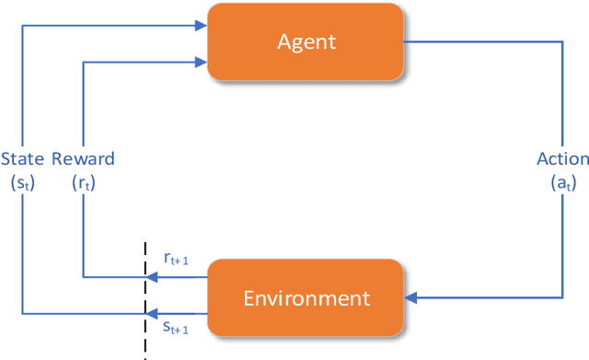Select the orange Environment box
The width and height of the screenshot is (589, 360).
306,297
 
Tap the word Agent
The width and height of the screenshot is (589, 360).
306,42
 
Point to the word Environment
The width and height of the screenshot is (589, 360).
306,298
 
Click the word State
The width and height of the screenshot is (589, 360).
21,158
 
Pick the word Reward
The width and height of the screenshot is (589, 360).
84,158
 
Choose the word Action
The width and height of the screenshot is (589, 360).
562,158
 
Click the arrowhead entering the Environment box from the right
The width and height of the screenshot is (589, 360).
411,297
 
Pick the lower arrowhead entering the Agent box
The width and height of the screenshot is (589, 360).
200,62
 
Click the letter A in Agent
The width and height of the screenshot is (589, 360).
283,42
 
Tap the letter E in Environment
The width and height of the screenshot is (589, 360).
248,298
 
